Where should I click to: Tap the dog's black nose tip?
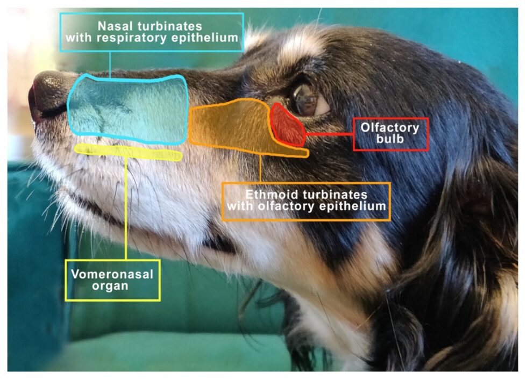[x=49, y=94]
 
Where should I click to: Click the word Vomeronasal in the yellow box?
[x=112, y=274]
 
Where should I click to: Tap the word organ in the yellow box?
[x=110, y=286]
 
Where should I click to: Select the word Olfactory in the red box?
[x=390, y=128]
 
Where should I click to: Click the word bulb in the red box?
[x=390, y=139]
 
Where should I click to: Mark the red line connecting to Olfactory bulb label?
[x=329, y=134]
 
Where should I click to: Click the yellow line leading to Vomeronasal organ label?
[x=126, y=209]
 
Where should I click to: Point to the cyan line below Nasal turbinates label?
[x=110, y=64]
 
